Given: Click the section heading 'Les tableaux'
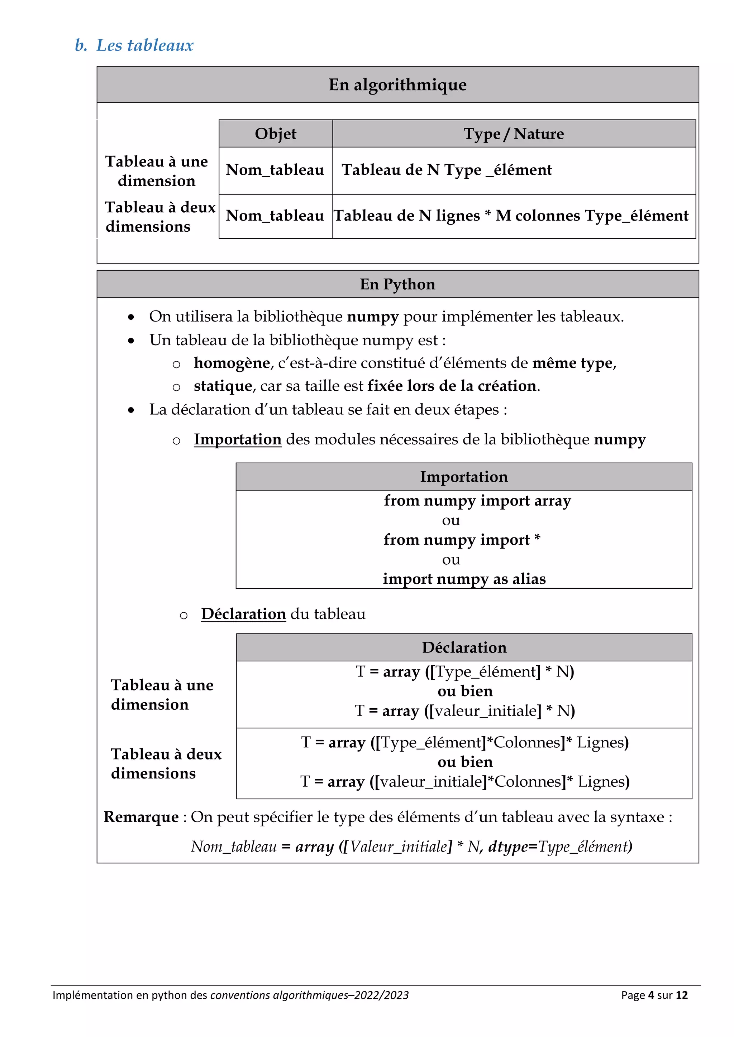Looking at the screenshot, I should [x=145, y=45].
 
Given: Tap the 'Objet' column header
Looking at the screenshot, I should [x=275, y=134].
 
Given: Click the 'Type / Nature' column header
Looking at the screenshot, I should [x=514, y=134].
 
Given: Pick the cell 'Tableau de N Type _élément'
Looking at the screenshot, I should [x=447, y=170].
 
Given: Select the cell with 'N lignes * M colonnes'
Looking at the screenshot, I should [x=511, y=216].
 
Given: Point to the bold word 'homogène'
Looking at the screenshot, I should [x=232, y=363].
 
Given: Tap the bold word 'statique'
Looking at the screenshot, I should [x=223, y=386].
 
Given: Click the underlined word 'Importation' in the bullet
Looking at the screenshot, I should [x=238, y=439].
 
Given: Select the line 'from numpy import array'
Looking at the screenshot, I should [x=477, y=501].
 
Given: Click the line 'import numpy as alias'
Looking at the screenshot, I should [x=464, y=579].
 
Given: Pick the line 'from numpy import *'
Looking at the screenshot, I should [x=462, y=540].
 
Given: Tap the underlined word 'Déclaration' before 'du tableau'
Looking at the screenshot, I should [x=243, y=614].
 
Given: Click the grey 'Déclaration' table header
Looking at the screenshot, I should [x=464, y=647].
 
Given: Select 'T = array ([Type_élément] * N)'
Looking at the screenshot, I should [x=464, y=672].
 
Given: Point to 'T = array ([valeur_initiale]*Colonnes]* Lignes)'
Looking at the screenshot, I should [x=464, y=781].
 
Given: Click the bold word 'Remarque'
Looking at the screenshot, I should [x=141, y=817].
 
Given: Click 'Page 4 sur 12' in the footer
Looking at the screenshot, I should [x=654, y=995].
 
